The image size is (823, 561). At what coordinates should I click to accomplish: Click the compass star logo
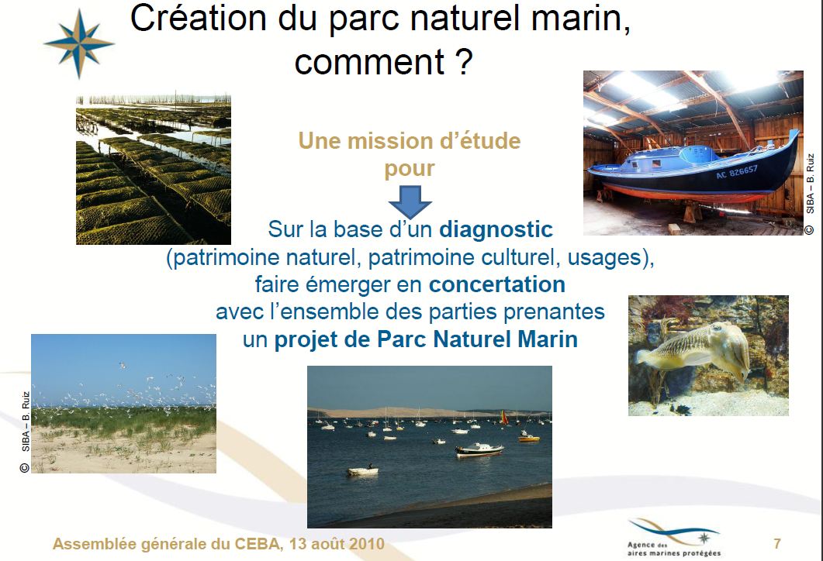pos(78,44)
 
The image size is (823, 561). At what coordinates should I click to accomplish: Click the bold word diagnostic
pos(496,229)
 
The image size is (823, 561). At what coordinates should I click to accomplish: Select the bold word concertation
pos(497,284)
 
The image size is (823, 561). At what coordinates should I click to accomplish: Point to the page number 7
pos(777,544)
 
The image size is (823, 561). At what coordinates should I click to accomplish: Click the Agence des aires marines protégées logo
pos(674,538)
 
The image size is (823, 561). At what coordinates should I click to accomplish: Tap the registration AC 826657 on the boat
pos(736,171)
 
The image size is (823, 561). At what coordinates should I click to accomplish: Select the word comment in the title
pos(370,63)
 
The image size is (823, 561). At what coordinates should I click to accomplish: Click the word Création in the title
pos(199,19)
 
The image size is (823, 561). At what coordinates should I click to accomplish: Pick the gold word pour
pos(410,170)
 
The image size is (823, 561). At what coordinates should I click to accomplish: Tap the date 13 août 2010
pos(337,544)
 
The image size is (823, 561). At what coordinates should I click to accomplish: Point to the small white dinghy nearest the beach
pos(363,471)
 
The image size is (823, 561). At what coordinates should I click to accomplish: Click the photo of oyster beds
pos(154,170)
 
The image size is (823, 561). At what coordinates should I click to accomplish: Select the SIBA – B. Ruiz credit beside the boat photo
pos(810,193)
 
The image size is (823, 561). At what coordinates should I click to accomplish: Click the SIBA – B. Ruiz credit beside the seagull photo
pos(25,432)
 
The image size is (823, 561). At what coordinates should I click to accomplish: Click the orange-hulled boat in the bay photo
pos(528,438)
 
